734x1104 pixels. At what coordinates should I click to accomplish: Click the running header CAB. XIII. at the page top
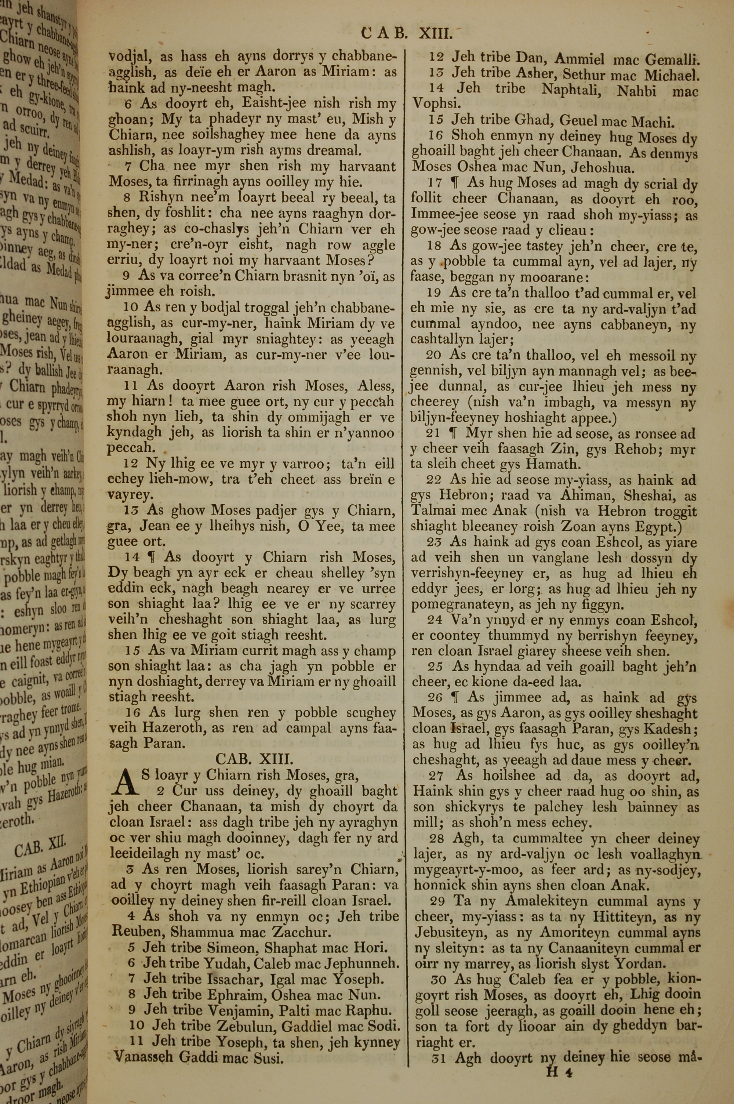[407, 34]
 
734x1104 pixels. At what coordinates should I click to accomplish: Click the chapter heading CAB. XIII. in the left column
[254, 759]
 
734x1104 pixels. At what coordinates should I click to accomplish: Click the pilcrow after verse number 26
[453, 698]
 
